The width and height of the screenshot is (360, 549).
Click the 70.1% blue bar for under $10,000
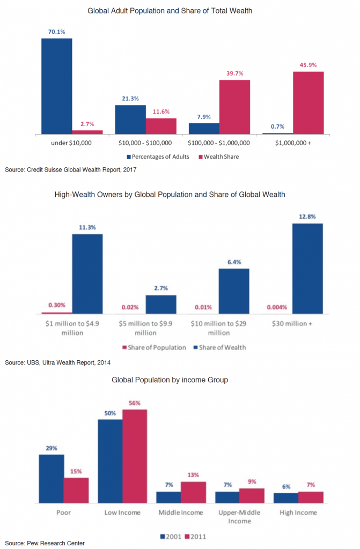[x=56, y=86]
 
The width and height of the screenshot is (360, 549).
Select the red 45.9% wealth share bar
[x=308, y=102]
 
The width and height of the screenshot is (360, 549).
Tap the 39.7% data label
[x=234, y=73]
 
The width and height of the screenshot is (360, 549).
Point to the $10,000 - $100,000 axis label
[x=145, y=143]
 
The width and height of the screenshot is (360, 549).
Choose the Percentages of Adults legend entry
[x=158, y=157]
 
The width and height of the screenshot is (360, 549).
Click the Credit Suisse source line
[x=71, y=170]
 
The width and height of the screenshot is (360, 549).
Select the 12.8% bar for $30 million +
[x=307, y=268]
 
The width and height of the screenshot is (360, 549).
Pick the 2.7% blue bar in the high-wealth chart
[x=161, y=304]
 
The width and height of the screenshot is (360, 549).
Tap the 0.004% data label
[x=277, y=307]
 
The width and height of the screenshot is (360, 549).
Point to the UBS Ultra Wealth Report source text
[x=57, y=363]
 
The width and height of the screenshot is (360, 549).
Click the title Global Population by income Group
[x=170, y=380]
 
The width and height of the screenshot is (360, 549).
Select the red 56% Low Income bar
[x=135, y=456]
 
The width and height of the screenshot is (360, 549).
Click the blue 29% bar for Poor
[x=51, y=479]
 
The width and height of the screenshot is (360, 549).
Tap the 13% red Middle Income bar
[x=193, y=492]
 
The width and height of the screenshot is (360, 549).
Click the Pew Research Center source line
[x=45, y=543]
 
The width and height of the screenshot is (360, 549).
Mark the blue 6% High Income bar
[x=286, y=498]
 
